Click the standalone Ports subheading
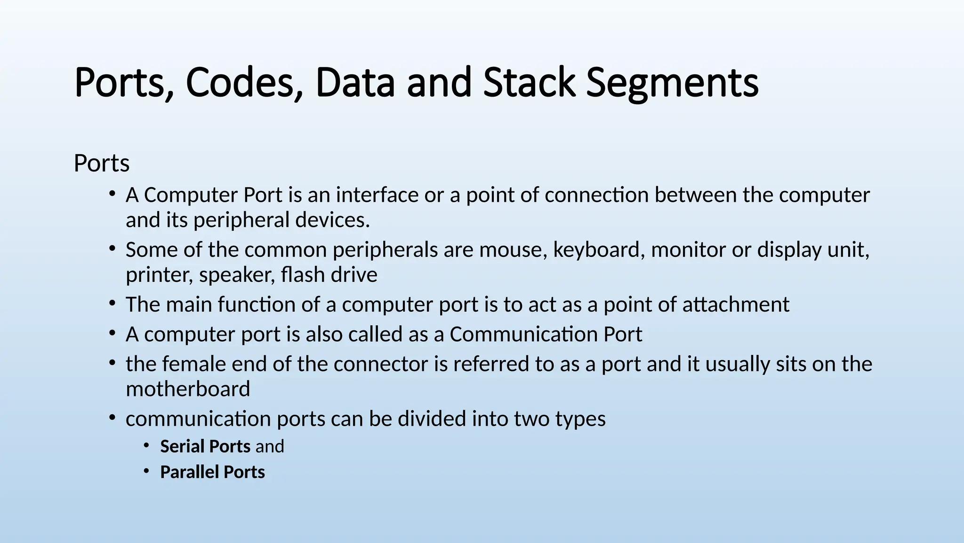102,164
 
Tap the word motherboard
188,389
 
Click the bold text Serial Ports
205,446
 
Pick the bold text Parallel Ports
212,472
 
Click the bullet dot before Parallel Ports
147,471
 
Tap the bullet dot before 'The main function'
112,304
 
